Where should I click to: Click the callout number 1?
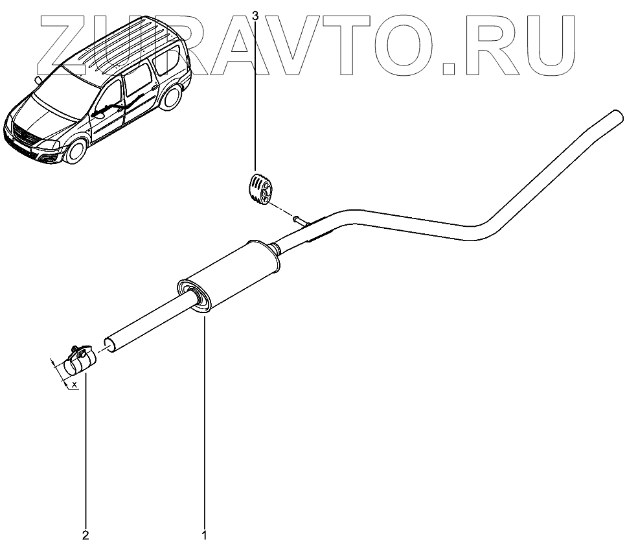205,535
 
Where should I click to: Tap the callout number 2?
85,535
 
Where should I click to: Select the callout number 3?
255,14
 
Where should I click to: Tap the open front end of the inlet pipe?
111,344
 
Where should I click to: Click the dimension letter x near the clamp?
74,385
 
